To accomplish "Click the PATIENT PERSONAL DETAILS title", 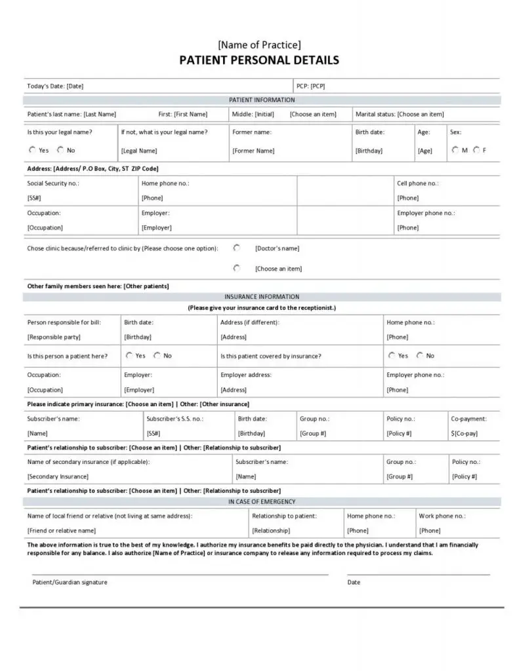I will pyautogui.click(x=259, y=60).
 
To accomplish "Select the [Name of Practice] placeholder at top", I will pyautogui.click(x=259, y=45).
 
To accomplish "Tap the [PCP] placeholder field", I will pyautogui.click(x=318, y=86).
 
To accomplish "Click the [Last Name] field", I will pyautogui.click(x=100, y=114).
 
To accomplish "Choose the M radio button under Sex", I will pyautogui.click(x=455, y=149).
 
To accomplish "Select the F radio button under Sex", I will pyautogui.click(x=476, y=149).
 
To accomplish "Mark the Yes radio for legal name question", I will pyautogui.click(x=32, y=149).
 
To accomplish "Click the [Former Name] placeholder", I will pyautogui.click(x=253, y=151).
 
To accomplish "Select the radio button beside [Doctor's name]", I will pyautogui.click(x=237, y=248).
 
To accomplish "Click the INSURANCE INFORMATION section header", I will pyautogui.click(x=261, y=297).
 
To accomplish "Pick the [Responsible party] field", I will pyautogui.click(x=54, y=337).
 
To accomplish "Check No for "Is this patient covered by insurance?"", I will pyautogui.click(x=420, y=355).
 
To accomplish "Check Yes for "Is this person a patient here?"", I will pyautogui.click(x=129, y=355).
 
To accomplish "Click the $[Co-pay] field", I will pyautogui.click(x=465, y=433).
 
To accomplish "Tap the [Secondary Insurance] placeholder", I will pyautogui.click(x=58, y=476).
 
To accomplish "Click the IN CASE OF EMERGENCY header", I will pyautogui.click(x=261, y=502).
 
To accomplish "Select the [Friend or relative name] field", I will pyautogui.click(x=62, y=531).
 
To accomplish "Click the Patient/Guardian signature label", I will pyautogui.click(x=70, y=583).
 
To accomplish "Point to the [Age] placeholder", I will pyautogui.click(x=425, y=151).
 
